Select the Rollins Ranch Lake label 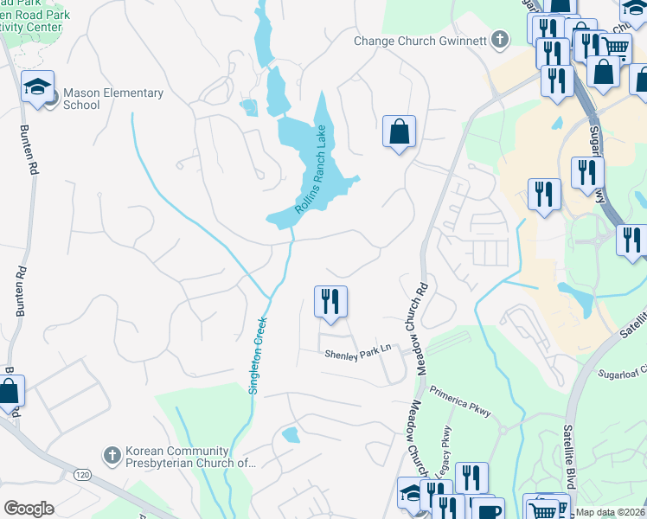[x=312, y=170]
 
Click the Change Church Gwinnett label [x=421, y=40]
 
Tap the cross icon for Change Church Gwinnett [x=500, y=39]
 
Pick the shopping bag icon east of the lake [x=399, y=132]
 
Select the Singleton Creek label [x=257, y=355]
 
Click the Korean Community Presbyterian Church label [x=190, y=457]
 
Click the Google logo [x=29, y=509]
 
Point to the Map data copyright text [x=611, y=512]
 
